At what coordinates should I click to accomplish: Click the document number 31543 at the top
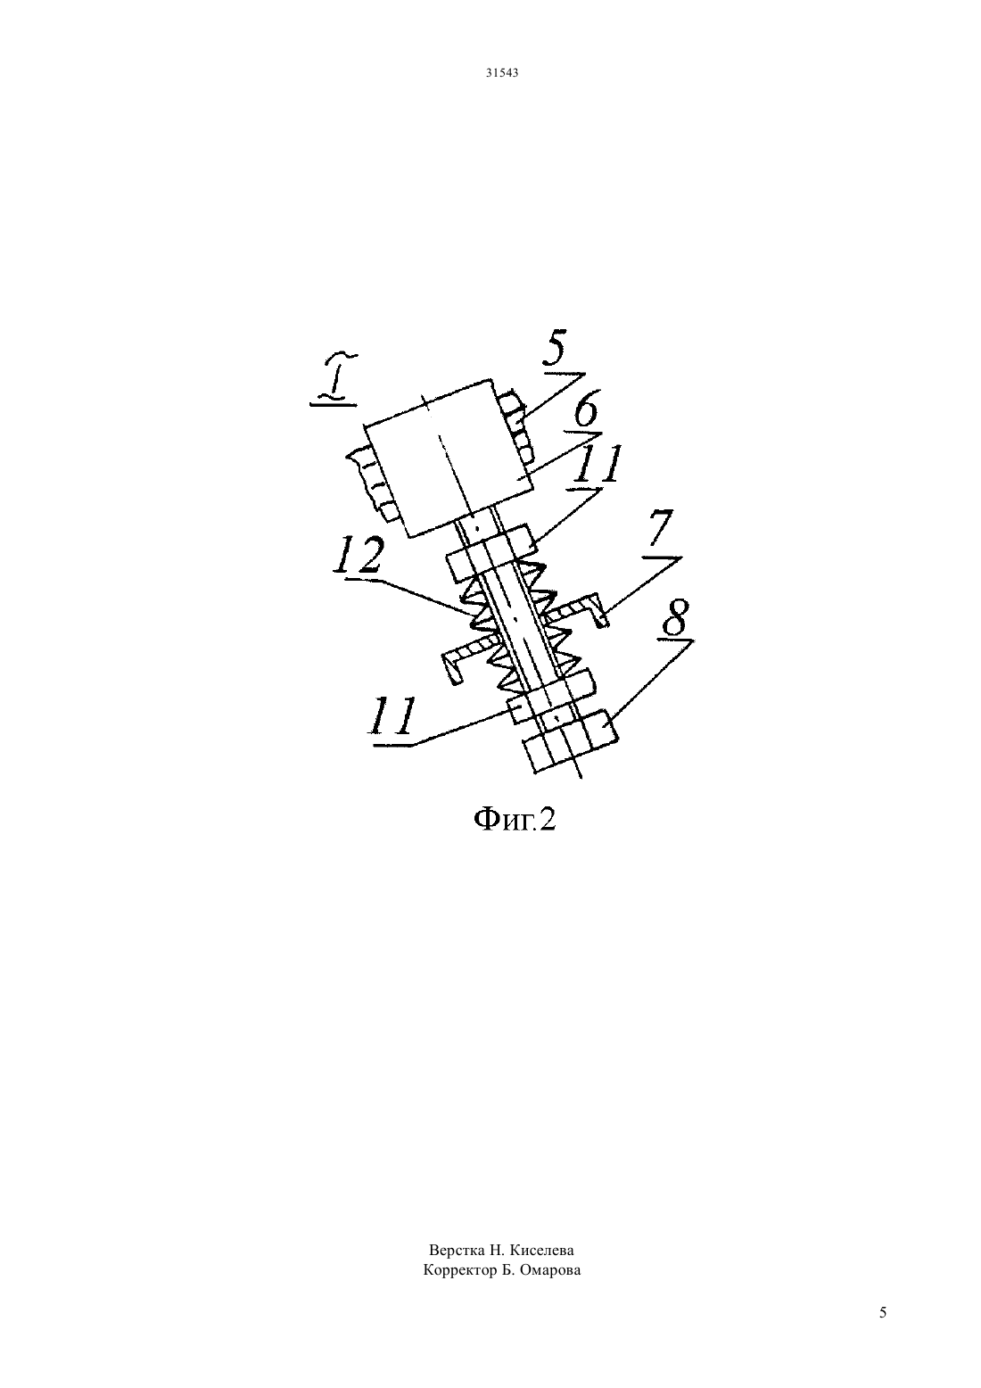coord(501,72)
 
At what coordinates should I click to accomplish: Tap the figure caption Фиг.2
coord(514,820)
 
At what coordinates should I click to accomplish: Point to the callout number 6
coord(585,411)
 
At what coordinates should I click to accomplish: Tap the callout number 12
coord(358,556)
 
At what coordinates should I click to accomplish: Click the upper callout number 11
coord(596,465)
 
